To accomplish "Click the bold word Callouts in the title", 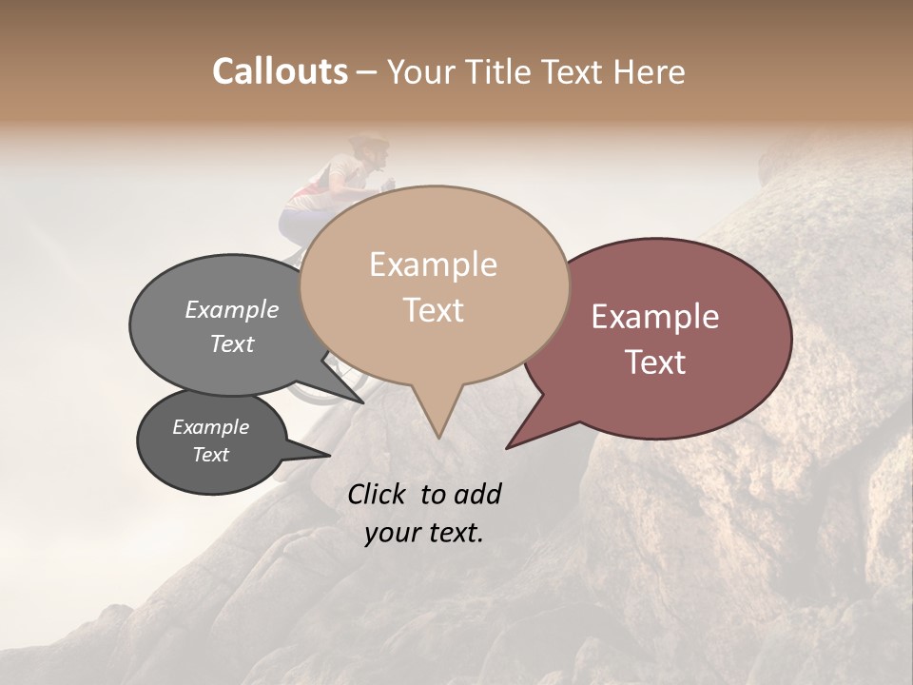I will [x=280, y=71].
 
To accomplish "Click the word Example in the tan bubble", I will [x=433, y=264].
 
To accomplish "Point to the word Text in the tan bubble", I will [x=434, y=310].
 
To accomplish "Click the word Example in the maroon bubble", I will [x=655, y=317].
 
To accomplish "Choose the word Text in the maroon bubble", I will [x=656, y=362].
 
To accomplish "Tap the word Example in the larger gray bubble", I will [x=232, y=310].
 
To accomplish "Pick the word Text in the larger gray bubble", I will [x=232, y=343].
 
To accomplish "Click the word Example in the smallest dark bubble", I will [x=211, y=427].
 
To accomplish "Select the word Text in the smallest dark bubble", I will [x=211, y=455].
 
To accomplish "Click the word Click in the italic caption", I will [x=379, y=494].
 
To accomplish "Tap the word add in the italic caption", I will [x=478, y=494].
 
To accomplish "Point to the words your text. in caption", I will [x=424, y=533].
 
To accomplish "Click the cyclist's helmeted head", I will [x=368, y=149].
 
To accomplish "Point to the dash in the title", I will [x=368, y=72].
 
